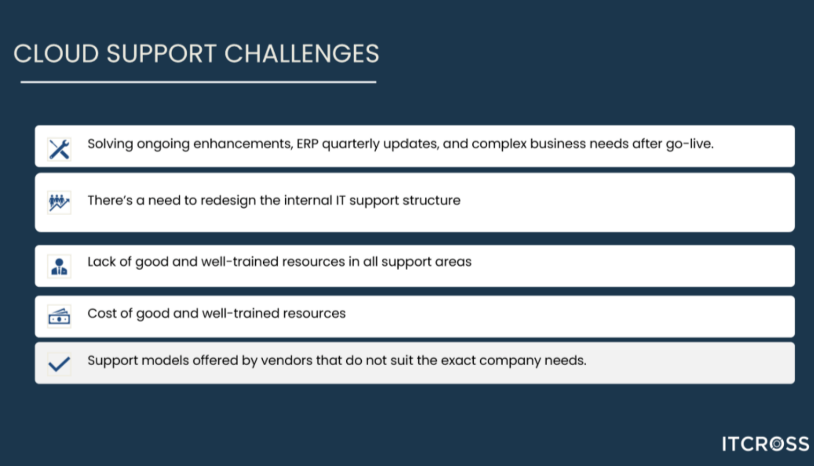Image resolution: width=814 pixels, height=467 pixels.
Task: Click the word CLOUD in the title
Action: tap(56, 54)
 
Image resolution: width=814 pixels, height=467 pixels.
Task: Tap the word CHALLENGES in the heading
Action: tap(302, 54)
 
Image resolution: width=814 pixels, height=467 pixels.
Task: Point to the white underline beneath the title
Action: tap(198, 82)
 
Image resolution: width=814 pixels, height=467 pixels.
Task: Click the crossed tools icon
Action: tap(59, 149)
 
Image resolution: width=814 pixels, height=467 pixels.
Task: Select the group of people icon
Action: tap(59, 203)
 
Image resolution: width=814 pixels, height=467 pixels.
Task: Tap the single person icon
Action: tap(59, 267)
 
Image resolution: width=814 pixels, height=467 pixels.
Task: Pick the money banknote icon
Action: tap(59, 316)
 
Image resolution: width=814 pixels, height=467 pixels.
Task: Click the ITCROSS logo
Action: tap(765, 444)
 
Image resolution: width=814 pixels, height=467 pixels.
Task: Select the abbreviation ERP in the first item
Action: tap(307, 144)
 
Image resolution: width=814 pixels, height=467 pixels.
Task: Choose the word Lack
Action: tap(102, 262)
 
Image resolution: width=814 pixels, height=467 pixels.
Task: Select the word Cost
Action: tap(102, 313)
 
